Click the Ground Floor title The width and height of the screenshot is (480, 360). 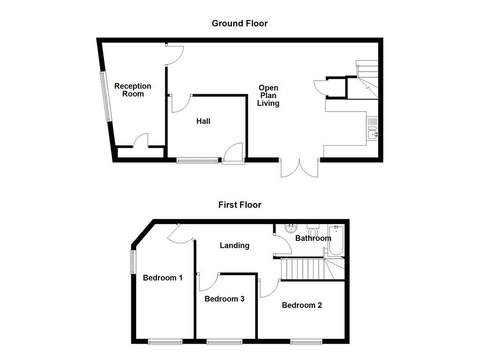click(x=240, y=23)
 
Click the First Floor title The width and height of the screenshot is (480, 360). click(x=240, y=205)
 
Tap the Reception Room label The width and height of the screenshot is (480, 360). click(x=133, y=90)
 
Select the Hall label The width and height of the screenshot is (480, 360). click(x=203, y=121)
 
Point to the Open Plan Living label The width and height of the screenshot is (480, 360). click(x=268, y=96)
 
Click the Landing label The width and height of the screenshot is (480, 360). click(x=234, y=245)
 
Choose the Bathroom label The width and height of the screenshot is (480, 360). click(x=313, y=239)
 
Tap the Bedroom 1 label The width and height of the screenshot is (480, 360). click(x=163, y=278)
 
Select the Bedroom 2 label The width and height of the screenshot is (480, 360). click(x=302, y=305)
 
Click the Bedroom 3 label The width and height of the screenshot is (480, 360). click(x=225, y=299)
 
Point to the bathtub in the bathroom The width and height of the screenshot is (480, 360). click(x=336, y=240)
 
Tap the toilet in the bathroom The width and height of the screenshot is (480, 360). click(x=313, y=231)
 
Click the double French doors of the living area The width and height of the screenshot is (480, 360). click(x=300, y=168)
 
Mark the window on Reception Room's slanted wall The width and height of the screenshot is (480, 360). click(x=106, y=97)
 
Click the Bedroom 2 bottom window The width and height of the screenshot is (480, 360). click(x=306, y=342)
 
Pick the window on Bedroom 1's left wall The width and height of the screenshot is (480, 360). click(x=133, y=262)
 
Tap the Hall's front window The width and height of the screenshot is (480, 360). click(x=197, y=161)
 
